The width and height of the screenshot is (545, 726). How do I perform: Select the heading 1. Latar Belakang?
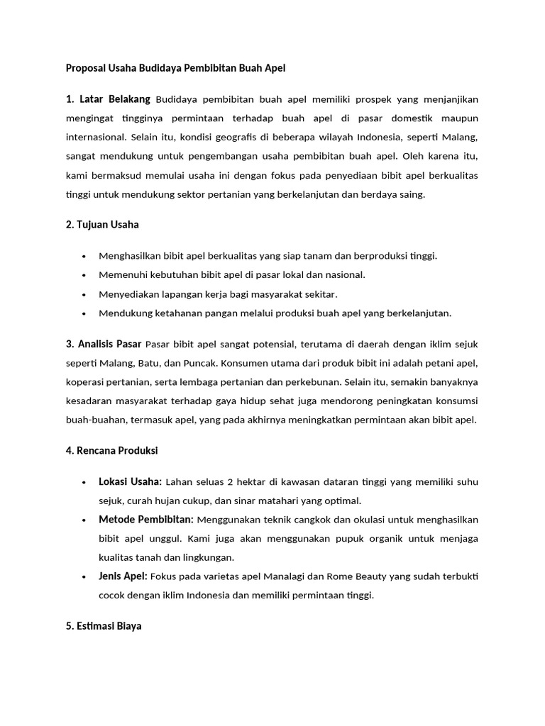click(108, 99)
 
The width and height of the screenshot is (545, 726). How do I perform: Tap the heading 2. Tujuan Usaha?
click(102, 225)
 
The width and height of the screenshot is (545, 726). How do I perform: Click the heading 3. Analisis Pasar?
click(104, 345)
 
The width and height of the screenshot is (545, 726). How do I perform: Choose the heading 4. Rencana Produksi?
click(111, 450)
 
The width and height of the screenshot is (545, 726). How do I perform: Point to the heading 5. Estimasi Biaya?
click(104, 626)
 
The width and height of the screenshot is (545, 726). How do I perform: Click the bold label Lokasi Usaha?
click(130, 482)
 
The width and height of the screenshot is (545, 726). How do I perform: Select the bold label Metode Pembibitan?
click(146, 520)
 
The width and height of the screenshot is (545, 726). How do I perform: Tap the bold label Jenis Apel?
click(123, 576)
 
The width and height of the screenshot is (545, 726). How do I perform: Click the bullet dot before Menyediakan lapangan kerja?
click(84, 294)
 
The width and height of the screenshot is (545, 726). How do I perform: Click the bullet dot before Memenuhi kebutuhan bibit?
click(84, 275)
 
